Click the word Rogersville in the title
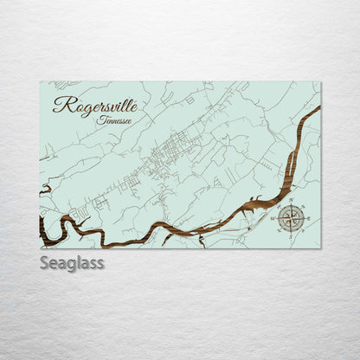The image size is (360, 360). point(94,105)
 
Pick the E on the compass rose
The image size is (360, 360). point(309,219)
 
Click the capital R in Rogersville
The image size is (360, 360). point(61,105)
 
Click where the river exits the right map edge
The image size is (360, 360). point(318,110)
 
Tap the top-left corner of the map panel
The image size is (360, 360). point(40,82)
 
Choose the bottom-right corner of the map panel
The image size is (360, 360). point(320,248)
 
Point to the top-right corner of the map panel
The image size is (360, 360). point(320,82)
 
